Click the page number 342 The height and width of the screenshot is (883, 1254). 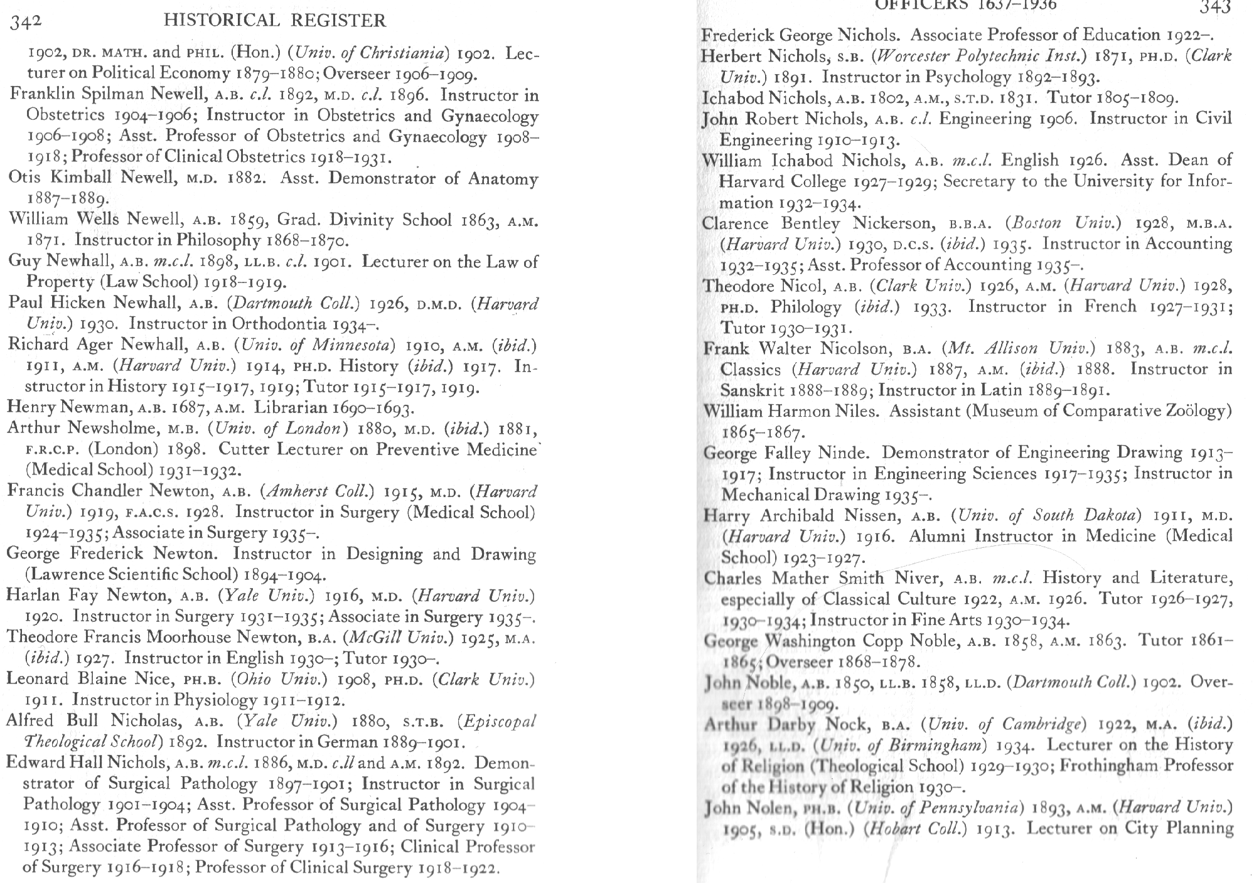tap(26, 21)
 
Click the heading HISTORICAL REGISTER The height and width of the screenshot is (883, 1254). tap(274, 21)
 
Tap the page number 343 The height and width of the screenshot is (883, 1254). tap(1214, 8)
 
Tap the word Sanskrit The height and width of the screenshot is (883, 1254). tap(752, 390)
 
